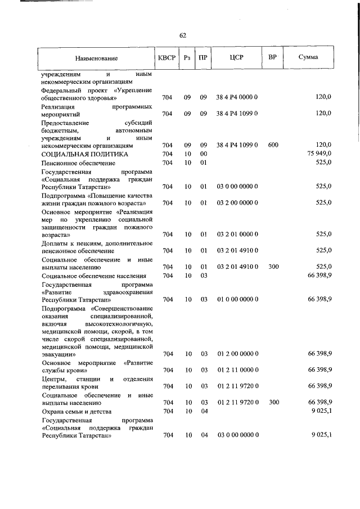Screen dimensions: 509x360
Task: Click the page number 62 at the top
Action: click(183, 35)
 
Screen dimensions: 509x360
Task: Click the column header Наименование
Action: click(96, 58)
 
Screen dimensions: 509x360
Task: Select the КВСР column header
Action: click(167, 57)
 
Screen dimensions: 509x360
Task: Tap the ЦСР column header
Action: click(236, 57)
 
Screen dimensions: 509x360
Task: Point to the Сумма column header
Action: click(308, 57)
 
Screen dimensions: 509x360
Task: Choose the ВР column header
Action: click(273, 57)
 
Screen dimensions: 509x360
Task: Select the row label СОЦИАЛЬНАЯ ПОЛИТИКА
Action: click(85, 154)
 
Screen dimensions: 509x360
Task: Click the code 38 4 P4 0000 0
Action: click(237, 97)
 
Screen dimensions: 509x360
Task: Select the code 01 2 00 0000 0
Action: click(237, 354)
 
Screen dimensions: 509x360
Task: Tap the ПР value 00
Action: click(204, 154)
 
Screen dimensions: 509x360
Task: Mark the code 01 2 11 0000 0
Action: click(237, 370)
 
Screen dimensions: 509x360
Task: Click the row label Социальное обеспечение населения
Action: click(94, 276)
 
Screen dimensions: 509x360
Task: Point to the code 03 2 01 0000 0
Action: click(237, 234)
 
